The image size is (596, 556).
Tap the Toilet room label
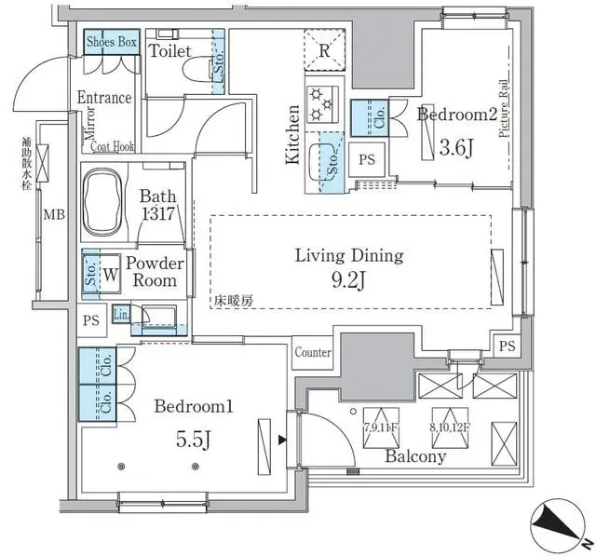(x=170, y=50)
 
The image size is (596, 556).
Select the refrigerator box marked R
(x=322, y=51)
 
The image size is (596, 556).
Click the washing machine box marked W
(x=111, y=275)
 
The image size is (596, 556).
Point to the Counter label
(x=313, y=353)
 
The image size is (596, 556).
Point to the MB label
(x=55, y=216)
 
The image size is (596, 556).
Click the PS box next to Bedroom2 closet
(x=367, y=159)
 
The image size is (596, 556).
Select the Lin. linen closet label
(x=120, y=314)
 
